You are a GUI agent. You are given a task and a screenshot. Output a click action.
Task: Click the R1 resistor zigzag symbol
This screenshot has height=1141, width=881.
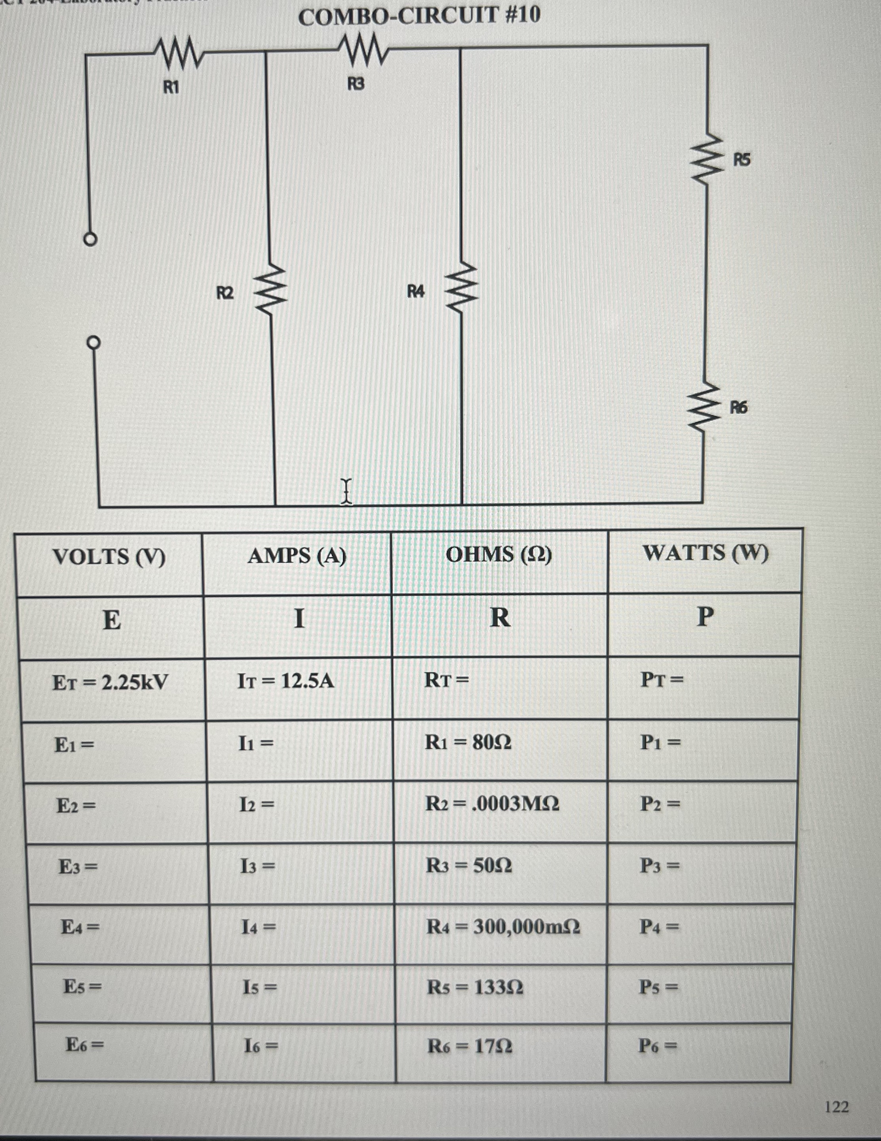click(x=178, y=53)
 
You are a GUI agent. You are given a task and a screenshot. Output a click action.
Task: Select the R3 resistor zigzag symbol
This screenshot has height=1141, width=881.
click(x=363, y=49)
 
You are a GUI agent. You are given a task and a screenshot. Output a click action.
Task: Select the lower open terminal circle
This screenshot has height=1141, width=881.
click(x=93, y=343)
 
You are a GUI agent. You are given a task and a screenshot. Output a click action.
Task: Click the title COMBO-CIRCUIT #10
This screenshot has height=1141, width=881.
click(x=419, y=16)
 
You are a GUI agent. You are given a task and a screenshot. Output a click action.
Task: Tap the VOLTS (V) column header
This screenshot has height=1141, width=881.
click(x=109, y=556)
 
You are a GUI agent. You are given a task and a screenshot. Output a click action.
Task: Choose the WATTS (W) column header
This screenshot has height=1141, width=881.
click(x=706, y=553)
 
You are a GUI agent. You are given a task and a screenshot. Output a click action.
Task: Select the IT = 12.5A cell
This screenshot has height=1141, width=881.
click(x=285, y=681)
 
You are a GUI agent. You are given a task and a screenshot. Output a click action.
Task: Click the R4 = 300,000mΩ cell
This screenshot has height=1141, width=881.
click(x=503, y=927)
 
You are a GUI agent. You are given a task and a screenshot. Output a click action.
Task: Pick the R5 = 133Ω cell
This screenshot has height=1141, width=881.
click(x=475, y=987)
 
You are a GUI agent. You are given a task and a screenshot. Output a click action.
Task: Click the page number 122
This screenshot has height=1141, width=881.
click(x=837, y=1107)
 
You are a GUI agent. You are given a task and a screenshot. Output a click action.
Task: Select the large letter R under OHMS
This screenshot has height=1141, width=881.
click(x=500, y=618)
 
